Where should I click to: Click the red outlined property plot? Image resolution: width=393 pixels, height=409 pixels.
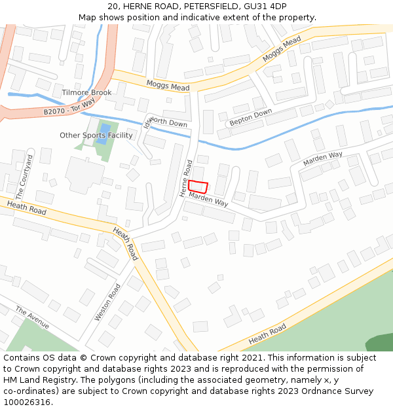[198, 186]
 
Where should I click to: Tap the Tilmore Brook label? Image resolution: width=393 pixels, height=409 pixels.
[86, 93]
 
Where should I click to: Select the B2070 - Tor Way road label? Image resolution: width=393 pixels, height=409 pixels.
[69, 108]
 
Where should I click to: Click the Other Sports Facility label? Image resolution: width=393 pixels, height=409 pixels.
[96, 135]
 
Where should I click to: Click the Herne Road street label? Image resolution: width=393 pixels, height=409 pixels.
[186, 178]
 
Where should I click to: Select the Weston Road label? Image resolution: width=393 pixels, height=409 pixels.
[107, 302]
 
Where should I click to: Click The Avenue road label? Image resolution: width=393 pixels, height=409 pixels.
[32, 315]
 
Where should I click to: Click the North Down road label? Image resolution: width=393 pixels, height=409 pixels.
[169, 124]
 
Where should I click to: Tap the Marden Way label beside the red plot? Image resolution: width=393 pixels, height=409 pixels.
[208, 199]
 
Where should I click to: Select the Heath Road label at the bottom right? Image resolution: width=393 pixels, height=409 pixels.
[267, 334]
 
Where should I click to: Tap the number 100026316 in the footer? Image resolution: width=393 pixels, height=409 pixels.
[27, 402]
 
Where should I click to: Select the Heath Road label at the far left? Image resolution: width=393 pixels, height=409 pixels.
[26, 208]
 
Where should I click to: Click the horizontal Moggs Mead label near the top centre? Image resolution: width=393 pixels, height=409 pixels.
[168, 86]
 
